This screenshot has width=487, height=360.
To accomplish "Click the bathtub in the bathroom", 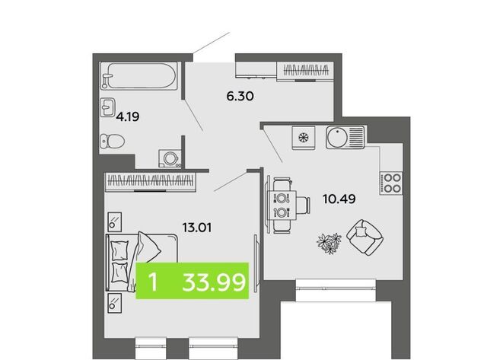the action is (138, 76).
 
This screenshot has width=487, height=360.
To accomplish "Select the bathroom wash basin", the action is (107, 107).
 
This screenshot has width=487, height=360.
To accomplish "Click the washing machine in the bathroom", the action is (170, 158).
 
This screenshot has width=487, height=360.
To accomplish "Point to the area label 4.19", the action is (128, 117).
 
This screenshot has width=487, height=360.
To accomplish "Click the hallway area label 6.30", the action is (240, 97).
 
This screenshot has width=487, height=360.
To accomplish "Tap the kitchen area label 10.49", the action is (339, 199).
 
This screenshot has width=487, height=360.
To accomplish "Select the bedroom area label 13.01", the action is (197, 228).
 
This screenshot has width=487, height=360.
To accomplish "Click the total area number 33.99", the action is (214, 282).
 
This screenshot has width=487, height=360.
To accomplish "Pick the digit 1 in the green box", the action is (153, 282).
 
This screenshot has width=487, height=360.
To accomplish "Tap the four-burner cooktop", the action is (391, 183).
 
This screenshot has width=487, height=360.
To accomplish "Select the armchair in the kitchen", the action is (364, 237).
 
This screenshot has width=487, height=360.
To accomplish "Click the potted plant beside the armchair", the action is (329, 243).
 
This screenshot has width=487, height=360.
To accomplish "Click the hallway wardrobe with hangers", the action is (305, 71).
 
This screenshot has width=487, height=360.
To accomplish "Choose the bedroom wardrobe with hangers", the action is (151, 181).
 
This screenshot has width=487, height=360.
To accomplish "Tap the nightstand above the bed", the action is (115, 221).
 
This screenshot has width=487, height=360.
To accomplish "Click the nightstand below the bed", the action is (115, 303).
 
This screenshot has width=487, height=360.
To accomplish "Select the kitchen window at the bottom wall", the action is (336, 291).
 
